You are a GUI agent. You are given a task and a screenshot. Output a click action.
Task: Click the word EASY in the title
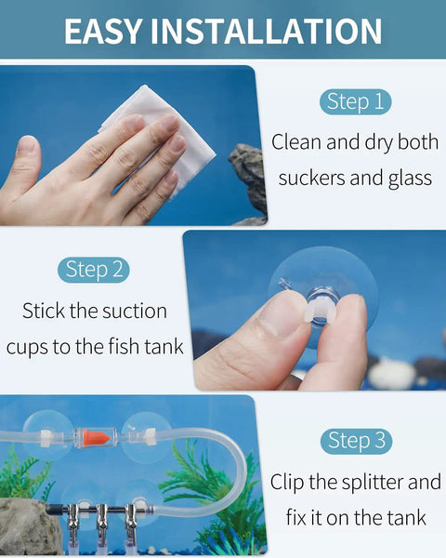click(103, 32)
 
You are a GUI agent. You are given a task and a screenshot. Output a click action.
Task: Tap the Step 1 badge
click(355, 101)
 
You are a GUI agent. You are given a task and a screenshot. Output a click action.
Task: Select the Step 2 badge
click(94, 270)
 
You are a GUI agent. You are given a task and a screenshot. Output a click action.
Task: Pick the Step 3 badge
click(356, 441)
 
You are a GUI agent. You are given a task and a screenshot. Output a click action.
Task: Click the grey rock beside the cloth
click(249, 181)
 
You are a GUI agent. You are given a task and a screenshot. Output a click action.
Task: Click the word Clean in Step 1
click(297, 142)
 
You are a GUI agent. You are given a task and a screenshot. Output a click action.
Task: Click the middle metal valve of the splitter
click(102, 520)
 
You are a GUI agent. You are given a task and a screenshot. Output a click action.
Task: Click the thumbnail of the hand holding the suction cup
click(315, 311)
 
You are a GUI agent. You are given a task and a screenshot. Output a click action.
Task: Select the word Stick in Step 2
click(44, 312)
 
